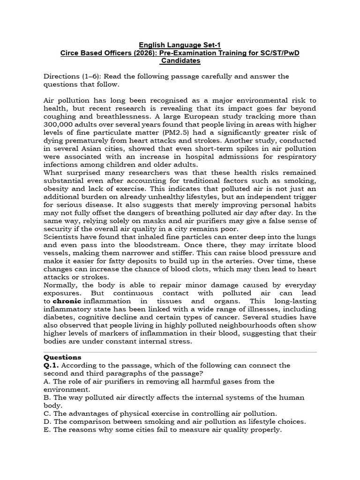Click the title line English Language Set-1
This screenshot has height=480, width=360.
pos(180,45)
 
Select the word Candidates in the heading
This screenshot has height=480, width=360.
pos(180,61)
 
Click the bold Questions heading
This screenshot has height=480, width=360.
pos(62,357)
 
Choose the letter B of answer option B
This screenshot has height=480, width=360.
pos(46,397)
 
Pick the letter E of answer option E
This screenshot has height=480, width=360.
pos(46,429)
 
